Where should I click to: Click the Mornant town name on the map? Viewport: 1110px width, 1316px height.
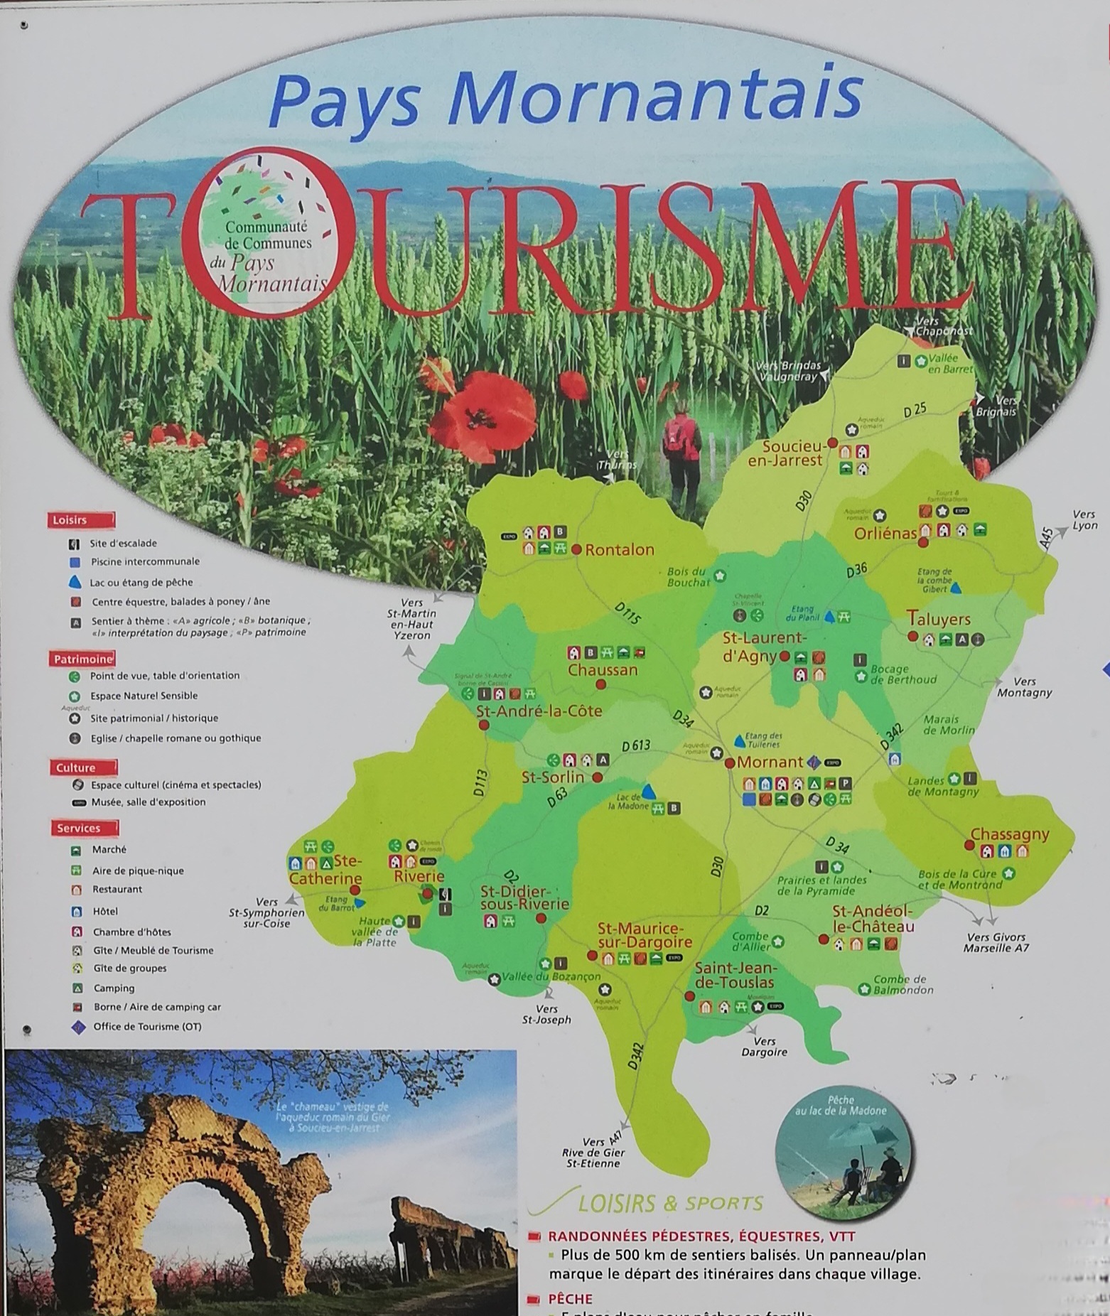(770, 762)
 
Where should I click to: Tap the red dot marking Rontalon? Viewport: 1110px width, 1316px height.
(576, 549)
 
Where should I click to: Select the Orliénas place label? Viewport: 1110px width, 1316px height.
(885, 533)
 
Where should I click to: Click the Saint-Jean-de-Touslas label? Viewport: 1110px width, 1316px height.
(734, 976)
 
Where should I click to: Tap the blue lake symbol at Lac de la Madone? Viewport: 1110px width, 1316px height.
(648, 791)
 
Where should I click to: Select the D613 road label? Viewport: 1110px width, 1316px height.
(636, 746)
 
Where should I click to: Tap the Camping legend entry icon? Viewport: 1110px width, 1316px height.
(78, 988)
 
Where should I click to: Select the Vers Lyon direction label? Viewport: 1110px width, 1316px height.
(1084, 519)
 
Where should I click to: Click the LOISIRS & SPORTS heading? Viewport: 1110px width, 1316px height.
(670, 1203)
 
